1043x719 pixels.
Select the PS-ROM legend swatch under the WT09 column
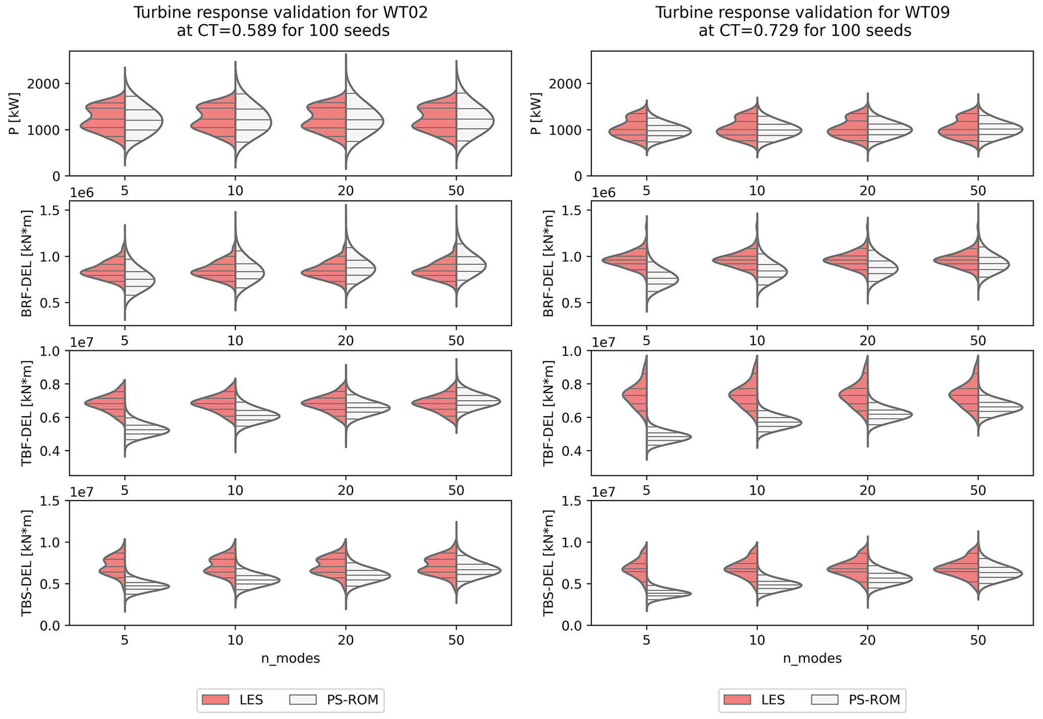825,700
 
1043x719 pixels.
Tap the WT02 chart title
281,22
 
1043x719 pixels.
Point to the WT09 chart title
802,22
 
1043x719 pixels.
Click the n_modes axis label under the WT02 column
290,658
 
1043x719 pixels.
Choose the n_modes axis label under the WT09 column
812,658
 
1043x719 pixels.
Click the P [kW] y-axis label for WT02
14,114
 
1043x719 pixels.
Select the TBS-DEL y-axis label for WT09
548,563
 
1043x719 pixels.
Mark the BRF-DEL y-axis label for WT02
26,263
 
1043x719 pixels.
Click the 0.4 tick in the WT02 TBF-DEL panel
50,451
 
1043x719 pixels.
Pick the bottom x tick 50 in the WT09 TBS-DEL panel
978,640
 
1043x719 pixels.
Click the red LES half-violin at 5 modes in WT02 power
106,121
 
